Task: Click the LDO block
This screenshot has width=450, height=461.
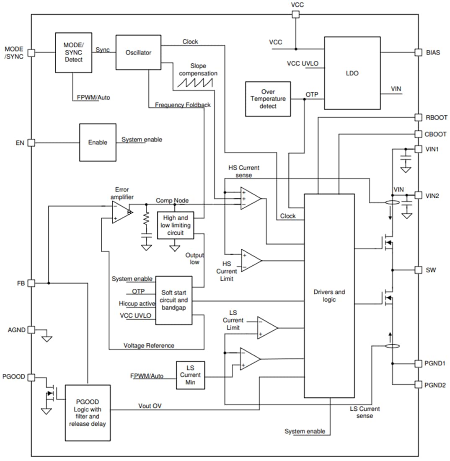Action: coord(352,73)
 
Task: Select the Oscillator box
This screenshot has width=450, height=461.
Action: coord(138,52)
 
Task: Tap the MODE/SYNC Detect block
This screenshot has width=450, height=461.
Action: coord(73,53)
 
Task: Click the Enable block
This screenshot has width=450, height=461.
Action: coord(98,142)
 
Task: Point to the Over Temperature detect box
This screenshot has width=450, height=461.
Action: coord(268,99)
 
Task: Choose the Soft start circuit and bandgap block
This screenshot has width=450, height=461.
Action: coord(173,300)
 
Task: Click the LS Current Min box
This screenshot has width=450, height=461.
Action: coord(191,375)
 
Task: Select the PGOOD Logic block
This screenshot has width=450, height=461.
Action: coord(88,412)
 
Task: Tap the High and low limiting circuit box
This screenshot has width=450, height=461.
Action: coord(176,225)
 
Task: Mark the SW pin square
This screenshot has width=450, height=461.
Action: coord(418,270)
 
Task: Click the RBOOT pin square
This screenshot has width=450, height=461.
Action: coord(418,118)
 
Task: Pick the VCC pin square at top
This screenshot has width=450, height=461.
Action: coord(295,15)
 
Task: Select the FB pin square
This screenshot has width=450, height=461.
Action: coord(31,283)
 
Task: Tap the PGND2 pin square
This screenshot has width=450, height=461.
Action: coord(418,384)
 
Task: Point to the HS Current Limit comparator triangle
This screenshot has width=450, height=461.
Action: coord(251,260)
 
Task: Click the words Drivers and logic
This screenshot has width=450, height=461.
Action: coord(329,295)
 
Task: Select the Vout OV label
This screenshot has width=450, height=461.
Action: coord(150,406)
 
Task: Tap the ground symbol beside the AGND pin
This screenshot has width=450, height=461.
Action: coord(47,338)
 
